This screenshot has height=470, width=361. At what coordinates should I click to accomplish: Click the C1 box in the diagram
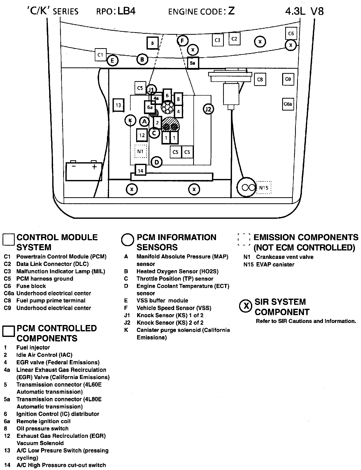pos(101,55)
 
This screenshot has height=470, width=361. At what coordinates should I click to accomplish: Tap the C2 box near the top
pos(234,39)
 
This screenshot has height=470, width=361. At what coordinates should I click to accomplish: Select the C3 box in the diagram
pos(218,40)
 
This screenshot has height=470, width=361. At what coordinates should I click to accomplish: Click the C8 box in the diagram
pos(260,80)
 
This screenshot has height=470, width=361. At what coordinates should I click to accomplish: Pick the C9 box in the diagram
pos(288,79)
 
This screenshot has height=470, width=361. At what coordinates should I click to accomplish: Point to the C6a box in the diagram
pos(288,104)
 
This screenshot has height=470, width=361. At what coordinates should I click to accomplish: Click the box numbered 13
pos(118,105)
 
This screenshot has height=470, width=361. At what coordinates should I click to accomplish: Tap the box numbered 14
pos(140,171)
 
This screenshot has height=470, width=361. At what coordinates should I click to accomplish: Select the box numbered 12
pos(142,135)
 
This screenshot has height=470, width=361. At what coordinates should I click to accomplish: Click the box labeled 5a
pos(193,63)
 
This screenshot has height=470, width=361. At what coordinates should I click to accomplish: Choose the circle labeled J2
pos(208,109)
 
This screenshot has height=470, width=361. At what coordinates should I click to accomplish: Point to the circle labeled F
pos(182,41)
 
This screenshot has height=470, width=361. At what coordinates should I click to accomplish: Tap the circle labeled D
pos(156,162)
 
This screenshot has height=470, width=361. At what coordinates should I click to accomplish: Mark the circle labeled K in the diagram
pos(131,121)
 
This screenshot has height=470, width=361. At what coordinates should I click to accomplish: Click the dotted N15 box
pos(264,188)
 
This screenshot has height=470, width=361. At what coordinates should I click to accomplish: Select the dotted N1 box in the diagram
pos(140,151)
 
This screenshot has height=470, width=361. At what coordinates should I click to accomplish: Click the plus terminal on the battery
pos(94,167)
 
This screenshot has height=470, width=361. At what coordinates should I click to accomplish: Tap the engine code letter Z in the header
pos(231,11)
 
